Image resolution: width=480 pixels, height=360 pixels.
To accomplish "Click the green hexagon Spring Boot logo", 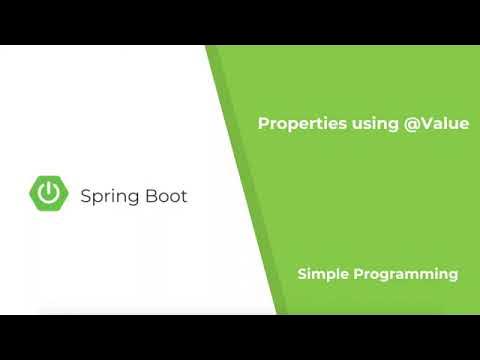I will click(48, 195).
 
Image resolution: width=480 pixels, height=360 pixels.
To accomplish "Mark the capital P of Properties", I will click(263, 124).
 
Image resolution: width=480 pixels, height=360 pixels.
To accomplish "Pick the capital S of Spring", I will click(86, 196).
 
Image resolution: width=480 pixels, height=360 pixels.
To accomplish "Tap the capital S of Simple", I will click(301, 273).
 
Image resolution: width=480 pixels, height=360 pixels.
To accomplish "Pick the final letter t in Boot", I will click(183, 196).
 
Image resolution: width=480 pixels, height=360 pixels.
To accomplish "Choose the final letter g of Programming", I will click(453, 276).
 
